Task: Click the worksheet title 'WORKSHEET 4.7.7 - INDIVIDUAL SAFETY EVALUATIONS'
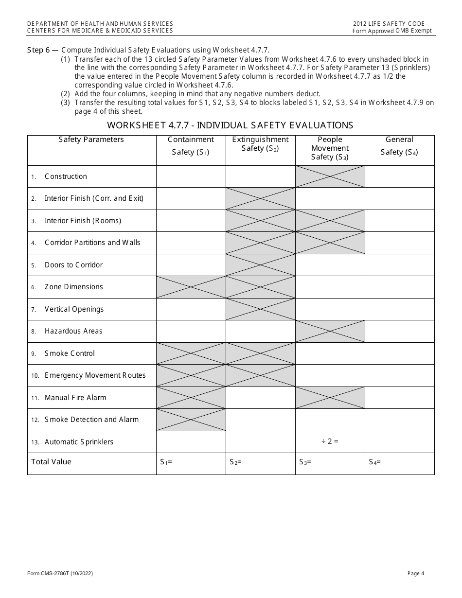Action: coord(230,125)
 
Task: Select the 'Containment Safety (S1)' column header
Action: coord(191,146)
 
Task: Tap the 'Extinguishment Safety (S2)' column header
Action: coord(260,144)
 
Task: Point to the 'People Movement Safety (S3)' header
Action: coord(330,148)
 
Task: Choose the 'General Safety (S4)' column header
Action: coord(399,146)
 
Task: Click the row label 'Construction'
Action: coord(66,176)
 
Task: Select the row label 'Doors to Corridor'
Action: coord(73,265)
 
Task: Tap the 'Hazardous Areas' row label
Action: coord(73,331)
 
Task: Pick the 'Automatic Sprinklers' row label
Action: coord(79,442)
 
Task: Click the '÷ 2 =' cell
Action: coord(330,442)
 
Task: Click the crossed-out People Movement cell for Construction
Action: coord(330,176)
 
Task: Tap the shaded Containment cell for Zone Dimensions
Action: coord(191,287)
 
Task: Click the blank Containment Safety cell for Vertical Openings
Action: coord(191,309)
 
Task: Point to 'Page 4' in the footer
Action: coord(416,574)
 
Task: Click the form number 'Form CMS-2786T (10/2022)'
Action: coord(60,574)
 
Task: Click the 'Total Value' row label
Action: coord(51,462)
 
